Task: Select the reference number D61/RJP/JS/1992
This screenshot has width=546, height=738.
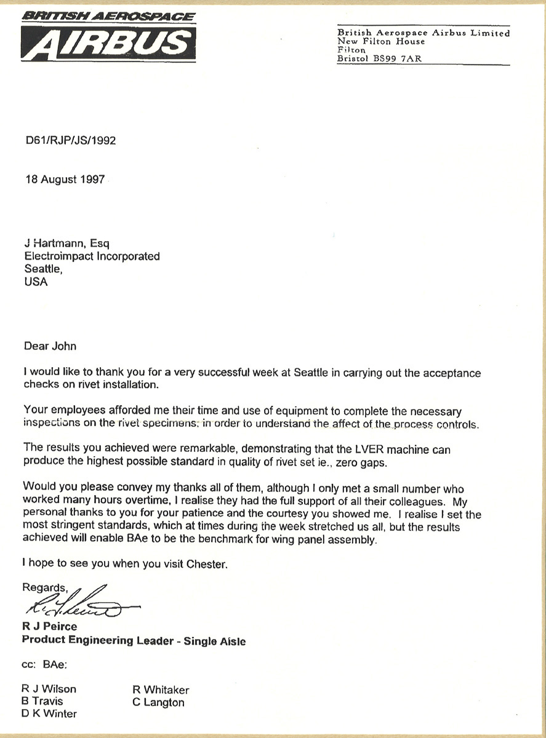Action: [70, 140]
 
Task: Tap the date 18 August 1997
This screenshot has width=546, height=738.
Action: [65, 180]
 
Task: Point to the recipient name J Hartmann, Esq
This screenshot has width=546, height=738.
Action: [67, 244]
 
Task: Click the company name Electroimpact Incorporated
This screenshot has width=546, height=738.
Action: [92, 256]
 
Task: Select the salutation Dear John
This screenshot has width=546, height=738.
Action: [50, 346]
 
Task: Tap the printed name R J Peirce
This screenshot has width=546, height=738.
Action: [50, 627]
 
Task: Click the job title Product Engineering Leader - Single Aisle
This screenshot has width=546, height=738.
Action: [134, 641]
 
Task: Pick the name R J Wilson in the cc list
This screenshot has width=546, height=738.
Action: [49, 689]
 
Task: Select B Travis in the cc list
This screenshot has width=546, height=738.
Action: [42, 701]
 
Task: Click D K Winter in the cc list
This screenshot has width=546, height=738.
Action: [49, 713]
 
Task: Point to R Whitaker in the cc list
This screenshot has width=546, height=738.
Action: [161, 689]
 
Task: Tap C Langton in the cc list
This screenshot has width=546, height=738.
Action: [158, 702]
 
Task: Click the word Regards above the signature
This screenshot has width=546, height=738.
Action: [43, 587]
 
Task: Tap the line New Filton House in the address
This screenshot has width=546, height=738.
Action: [381, 42]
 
